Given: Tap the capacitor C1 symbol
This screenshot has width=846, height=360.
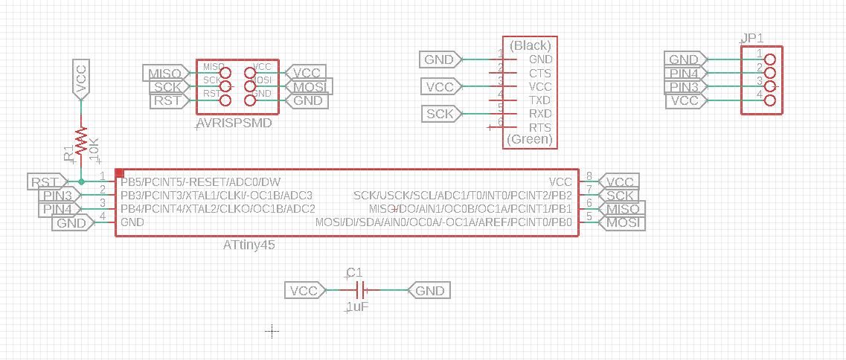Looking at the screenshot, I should (360, 290).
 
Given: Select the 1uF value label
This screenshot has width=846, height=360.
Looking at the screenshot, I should (358, 306).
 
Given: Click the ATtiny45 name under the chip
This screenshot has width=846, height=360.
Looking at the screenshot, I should (249, 244).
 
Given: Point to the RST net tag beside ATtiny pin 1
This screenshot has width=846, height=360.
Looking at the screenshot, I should (45, 181).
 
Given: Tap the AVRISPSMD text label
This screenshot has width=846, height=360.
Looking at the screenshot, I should (234, 123).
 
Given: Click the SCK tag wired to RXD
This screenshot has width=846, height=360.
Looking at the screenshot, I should (440, 114).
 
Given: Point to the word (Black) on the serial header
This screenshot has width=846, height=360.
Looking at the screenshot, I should (531, 45).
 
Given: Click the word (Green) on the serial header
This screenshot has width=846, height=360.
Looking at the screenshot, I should (530, 139).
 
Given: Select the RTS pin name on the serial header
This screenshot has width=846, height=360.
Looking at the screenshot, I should (539, 127).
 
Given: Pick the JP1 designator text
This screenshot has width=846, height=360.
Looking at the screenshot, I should (752, 38).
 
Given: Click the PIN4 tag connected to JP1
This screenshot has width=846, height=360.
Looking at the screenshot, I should (684, 73).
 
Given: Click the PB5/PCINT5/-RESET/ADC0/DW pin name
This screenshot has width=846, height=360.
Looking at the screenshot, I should (201, 181).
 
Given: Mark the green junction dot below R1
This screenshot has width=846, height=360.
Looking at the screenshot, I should (81, 181).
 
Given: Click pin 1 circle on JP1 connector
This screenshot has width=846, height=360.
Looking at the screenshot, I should (770, 59).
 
